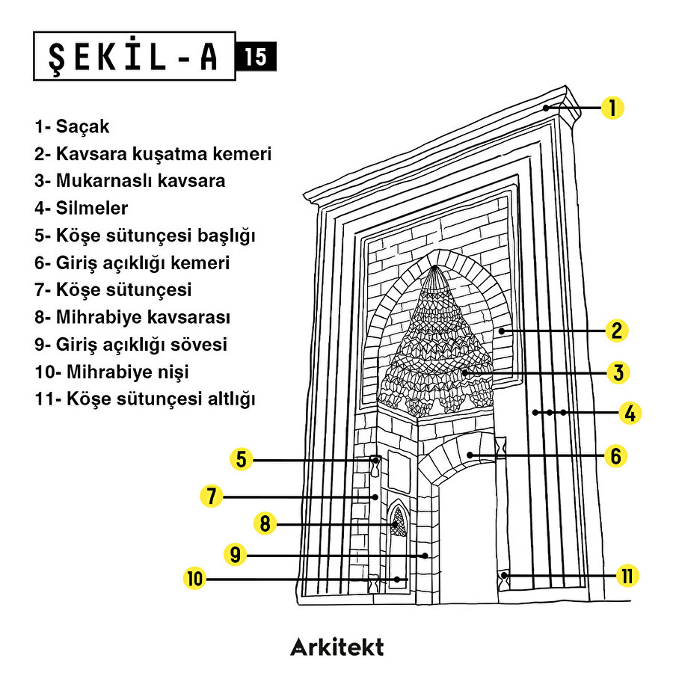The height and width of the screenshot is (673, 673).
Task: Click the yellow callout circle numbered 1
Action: tap(612, 108)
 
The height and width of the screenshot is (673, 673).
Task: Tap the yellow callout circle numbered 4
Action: tap(630, 413)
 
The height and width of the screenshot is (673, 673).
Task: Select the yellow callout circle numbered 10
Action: tap(195, 578)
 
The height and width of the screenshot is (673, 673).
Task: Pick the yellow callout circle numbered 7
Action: tap(212, 496)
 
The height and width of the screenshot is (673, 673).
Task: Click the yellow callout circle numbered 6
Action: tap(615, 455)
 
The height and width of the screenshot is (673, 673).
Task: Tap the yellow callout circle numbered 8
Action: tap(264, 523)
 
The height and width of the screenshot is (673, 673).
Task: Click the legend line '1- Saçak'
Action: tap(72, 126)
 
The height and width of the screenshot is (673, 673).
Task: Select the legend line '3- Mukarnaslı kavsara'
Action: tap(129, 181)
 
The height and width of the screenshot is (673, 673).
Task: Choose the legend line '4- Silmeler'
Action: tap(81, 208)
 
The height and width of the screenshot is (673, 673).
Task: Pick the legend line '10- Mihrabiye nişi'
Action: tap(111, 372)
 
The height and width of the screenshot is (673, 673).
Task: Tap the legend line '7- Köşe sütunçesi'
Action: tap(113, 290)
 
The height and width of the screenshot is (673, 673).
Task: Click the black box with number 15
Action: tap(256, 57)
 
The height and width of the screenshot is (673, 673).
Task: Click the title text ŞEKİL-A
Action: tap(135, 56)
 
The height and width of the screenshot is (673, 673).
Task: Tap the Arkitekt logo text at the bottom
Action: tap(336, 646)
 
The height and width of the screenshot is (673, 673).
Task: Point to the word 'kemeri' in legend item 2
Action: tap(244, 154)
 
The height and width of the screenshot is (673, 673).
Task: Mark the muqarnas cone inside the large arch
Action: tap(436, 336)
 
